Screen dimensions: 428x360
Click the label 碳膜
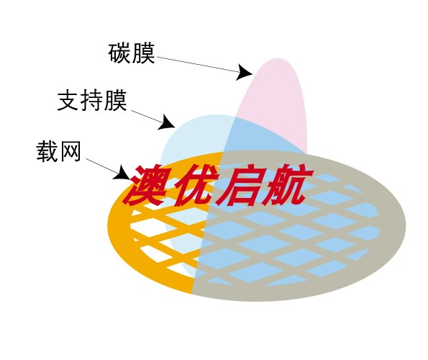(132, 53)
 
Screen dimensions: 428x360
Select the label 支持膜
(92, 100)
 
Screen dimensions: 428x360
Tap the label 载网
(58, 151)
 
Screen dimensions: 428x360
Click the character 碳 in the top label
(119, 53)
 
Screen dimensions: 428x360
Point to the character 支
(68, 100)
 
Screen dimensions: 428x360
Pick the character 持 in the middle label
(92, 100)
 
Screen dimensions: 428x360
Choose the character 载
(47, 151)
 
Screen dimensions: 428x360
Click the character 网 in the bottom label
(70, 151)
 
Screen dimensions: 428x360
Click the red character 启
(237, 185)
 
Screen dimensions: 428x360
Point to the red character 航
(286, 185)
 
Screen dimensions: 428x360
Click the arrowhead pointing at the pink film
(244, 73)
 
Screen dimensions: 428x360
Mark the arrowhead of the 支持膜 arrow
(166, 122)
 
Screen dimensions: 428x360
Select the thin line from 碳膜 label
(198, 65)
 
